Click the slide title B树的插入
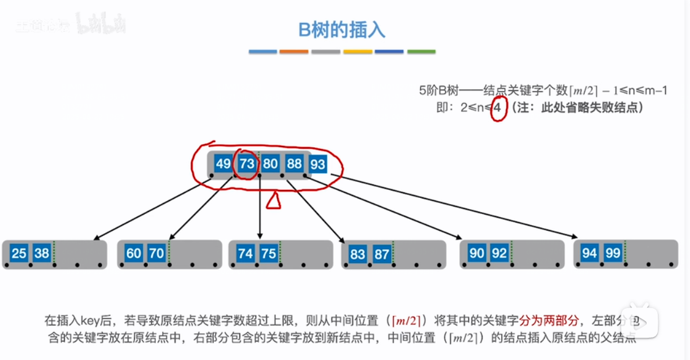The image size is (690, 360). coord(342,30)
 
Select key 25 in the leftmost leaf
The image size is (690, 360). coord(19,253)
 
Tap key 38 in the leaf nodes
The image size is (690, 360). coord(42,253)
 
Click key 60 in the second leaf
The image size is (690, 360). coord(134,253)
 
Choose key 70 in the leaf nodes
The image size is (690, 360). coord(157,253)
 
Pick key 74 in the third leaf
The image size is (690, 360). coord(246,253)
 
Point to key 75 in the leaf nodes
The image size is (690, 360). coord(269,253)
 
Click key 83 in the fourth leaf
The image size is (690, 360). coord(358,253)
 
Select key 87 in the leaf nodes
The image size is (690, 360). coord(381,253)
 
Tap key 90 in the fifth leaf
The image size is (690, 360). coord(477,253)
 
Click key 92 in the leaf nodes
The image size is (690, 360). coord(499,253)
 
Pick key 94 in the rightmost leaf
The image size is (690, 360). coord(590,253)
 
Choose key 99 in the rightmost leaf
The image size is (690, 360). coord(613,253)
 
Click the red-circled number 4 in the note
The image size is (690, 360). coord(498,108)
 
